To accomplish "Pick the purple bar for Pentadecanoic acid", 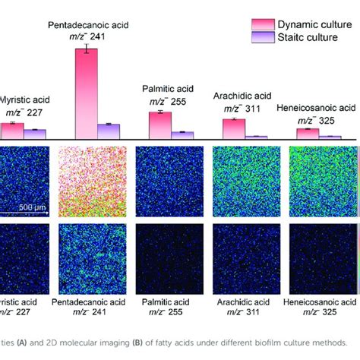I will [109, 131].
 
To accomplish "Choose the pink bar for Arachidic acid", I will [234, 128].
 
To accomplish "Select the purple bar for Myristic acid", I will [35, 134].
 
